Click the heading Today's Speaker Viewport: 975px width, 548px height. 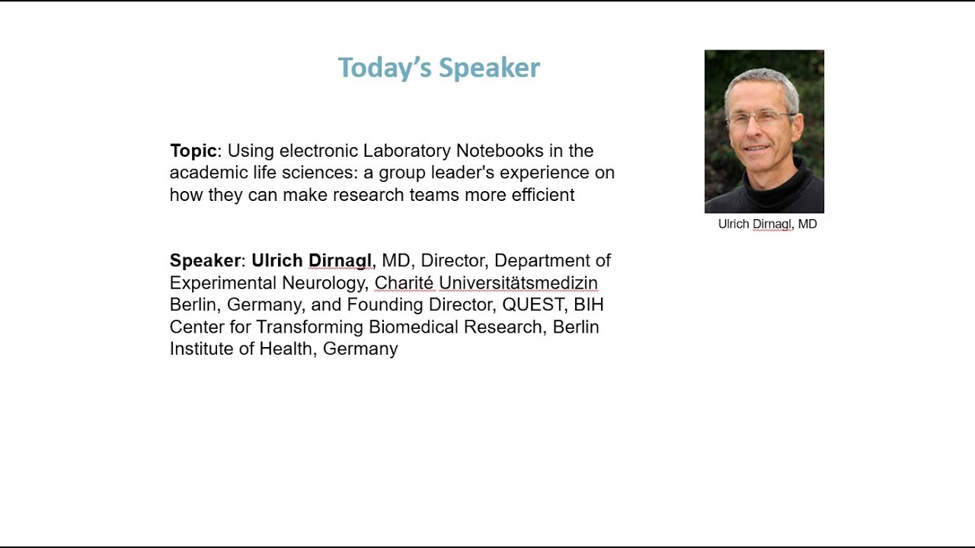(439, 68)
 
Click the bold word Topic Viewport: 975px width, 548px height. (193, 151)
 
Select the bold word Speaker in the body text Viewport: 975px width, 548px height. (205, 261)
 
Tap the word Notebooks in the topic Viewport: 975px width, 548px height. (500, 151)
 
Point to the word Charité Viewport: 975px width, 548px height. (404, 283)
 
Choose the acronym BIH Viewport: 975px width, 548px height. (589, 305)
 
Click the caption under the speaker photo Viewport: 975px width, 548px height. (767, 225)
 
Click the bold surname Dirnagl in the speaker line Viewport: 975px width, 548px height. (340, 261)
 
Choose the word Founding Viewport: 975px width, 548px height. (382, 305)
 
